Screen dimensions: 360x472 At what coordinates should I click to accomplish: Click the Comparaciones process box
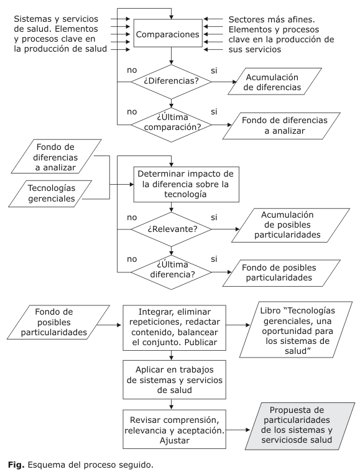pyautogui.click(x=168, y=33)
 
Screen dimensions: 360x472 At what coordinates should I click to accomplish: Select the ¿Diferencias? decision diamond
pyautogui.click(x=171, y=81)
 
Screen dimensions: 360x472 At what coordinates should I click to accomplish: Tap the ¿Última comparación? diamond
pyautogui.click(x=171, y=124)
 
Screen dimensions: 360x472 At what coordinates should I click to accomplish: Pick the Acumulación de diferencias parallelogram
pyautogui.click(x=275, y=81)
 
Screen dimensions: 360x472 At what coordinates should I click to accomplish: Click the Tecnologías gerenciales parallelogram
pyautogui.click(x=50, y=193)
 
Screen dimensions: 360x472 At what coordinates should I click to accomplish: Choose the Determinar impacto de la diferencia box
pyautogui.click(x=186, y=184)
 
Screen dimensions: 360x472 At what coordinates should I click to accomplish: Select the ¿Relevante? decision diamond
pyautogui.click(x=171, y=229)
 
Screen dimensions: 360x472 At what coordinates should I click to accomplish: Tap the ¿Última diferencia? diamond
pyautogui.click(x=171, y=272)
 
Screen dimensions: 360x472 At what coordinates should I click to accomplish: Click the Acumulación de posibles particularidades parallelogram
pyautogui.click(x=290, y=225)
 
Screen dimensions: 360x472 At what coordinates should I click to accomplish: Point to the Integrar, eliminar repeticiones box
pyautogui.click(x=174, y=328)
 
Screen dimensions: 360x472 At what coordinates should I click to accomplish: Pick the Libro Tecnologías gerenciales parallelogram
pyautogui.click(x=296, y=330)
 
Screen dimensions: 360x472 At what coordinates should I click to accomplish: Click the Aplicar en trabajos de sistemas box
pyautogui.click(x=174, y=379)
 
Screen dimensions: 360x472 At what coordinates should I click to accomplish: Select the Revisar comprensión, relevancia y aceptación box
pyautogui.click(x=174, y=429)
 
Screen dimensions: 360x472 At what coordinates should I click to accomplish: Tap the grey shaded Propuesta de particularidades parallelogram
pyautogui.click(x=296, y=425)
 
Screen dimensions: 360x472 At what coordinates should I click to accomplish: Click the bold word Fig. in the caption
pyautogui.click(x=16, y=465)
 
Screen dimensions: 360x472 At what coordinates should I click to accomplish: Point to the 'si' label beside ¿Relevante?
pyautogui.click(x=214, y=217)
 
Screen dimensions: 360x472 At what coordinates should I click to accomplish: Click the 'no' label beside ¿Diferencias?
pyautogui.click(x=132, y=70)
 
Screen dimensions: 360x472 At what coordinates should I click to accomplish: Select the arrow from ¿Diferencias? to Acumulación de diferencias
pyautogui.click(x=224, y=81)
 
